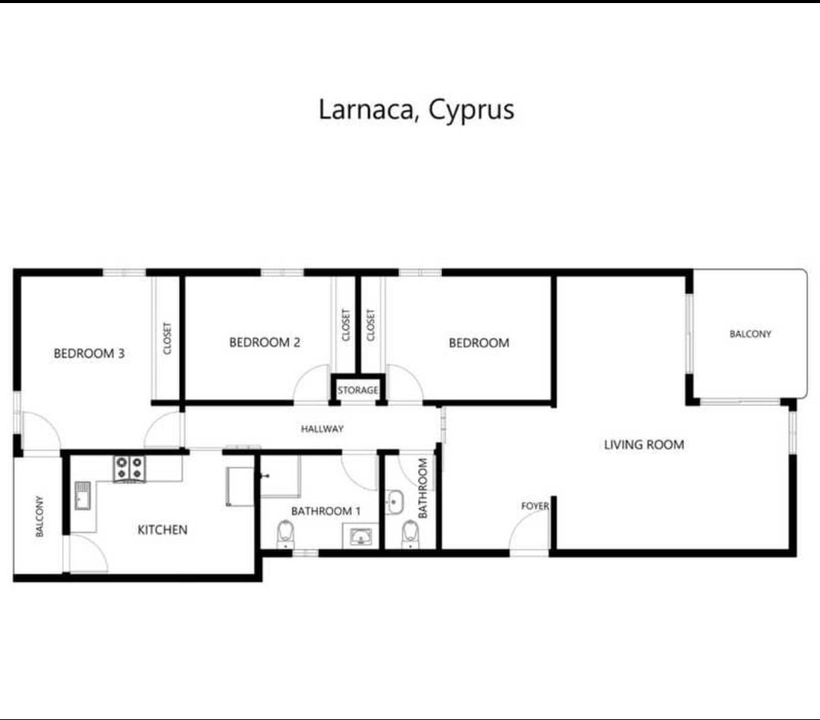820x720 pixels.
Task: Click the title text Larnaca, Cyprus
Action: [x=416, y=110]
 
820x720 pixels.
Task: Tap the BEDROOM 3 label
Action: [x=90, y=354]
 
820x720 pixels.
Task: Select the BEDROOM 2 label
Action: [x=265, y=342]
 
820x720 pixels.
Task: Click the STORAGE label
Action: [x=358, y=390]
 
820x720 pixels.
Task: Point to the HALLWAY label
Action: [x=322, y=429]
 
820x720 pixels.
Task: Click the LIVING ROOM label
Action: [x=644, y=445]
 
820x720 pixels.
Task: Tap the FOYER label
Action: [x=535, y=506]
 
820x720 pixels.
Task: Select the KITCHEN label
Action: [x=162, y=530]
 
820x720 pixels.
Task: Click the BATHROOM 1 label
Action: [x=326, y=511]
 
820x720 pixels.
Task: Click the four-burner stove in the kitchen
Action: [x=130, y=468]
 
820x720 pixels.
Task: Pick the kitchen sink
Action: [x=83, y=495]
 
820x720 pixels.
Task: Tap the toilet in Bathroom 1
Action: [x=285, y=533]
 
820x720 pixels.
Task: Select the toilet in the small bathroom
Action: [x=411, y=534]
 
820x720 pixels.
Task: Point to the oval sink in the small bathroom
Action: [x=395, y=503]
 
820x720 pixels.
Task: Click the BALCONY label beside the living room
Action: [x=750, y=334]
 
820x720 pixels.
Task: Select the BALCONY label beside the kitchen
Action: [x=39, y=516]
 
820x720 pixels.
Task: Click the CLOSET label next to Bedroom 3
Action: [x=167, y=338]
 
